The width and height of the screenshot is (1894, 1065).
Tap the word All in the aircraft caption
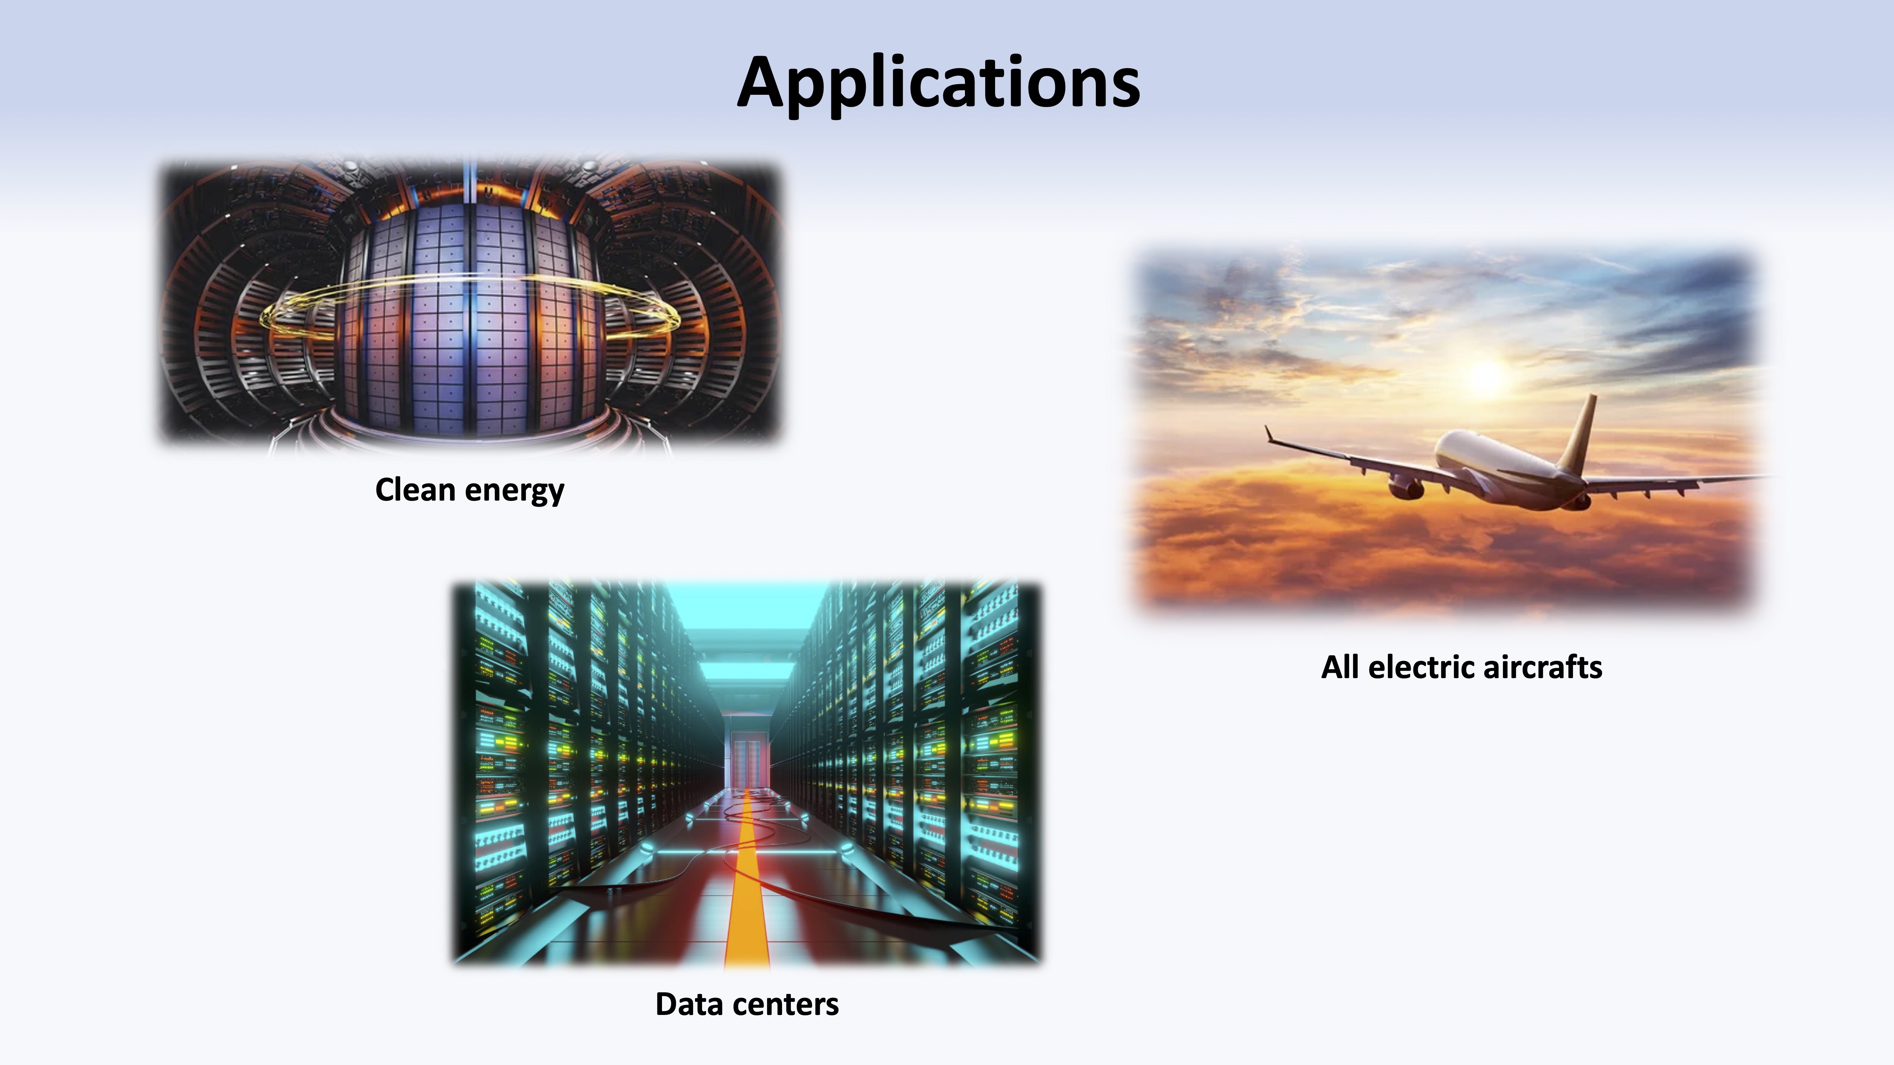click(1340, 667)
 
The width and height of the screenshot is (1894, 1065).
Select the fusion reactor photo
click(471, 303)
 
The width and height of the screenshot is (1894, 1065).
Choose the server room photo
click(747, 773)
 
